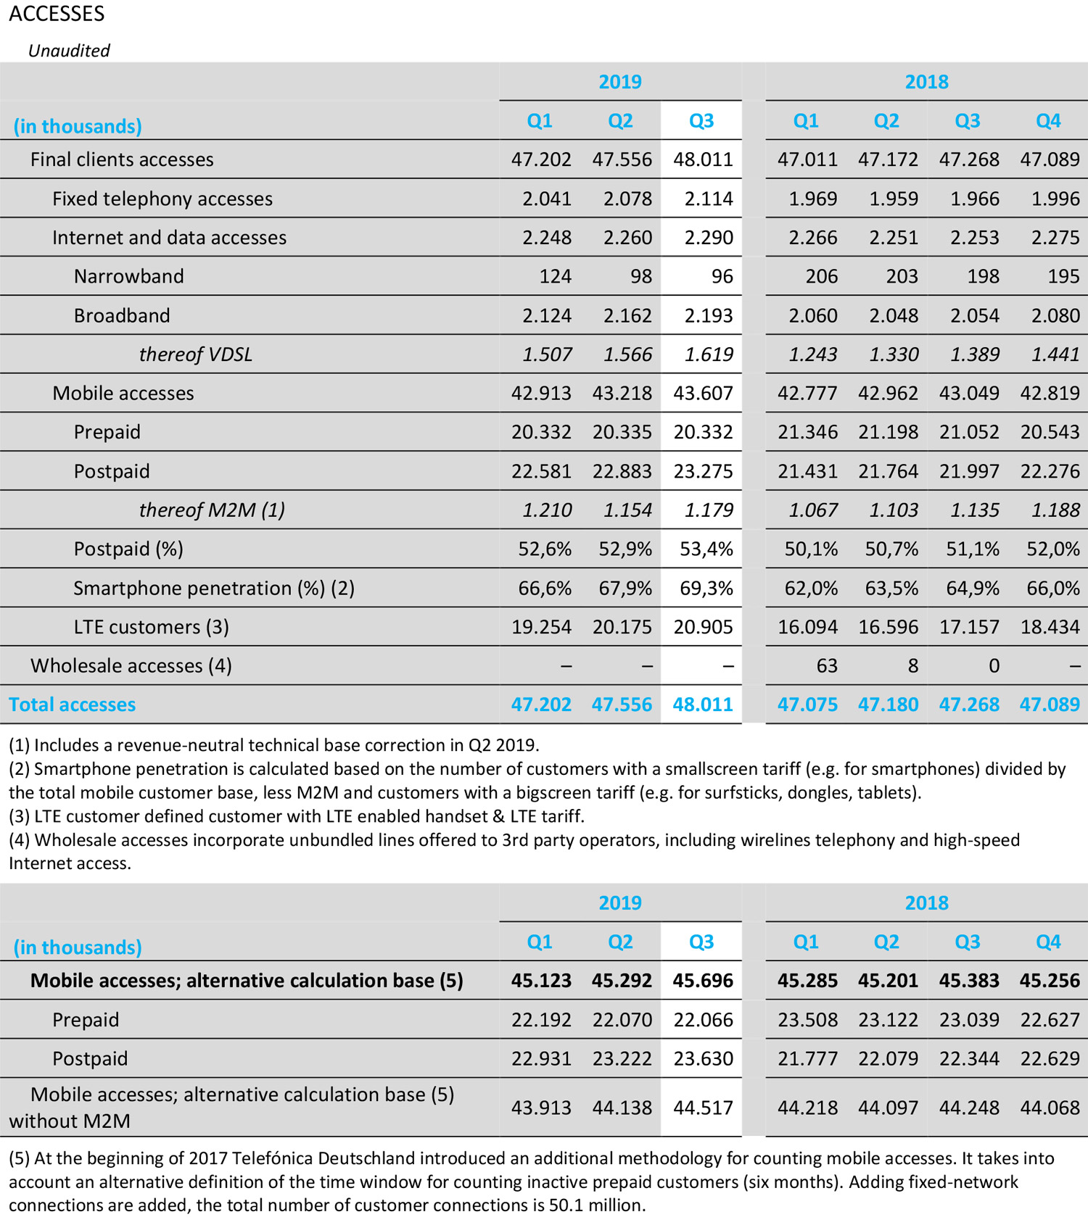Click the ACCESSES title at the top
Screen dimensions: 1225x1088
click(x=57, y=14)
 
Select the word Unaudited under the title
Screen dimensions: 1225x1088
click(x=69, y=51)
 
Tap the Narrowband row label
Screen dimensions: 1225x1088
click(x=128, y=276)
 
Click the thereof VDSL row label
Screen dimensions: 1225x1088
click(x=195, y=354)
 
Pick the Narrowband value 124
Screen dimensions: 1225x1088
click(x=555, y=276)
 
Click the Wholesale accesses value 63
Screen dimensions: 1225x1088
click(x=826, y=665)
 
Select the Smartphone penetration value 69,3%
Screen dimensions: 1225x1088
click(x=706, y=588)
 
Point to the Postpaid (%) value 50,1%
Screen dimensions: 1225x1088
click(x=810, y=549)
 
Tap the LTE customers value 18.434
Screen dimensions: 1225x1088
click(x=1050, y=627)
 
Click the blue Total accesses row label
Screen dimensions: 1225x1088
click(x=72, y=705)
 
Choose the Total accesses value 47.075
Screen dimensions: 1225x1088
click(x=807, y=705)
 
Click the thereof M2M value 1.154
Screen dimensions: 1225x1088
click(x=627, y=510)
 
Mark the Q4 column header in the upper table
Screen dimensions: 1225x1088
click(x=1048, y=120)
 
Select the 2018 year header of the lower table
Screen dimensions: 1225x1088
click(x=926, y=902)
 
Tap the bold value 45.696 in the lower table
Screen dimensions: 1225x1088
click(x=702, y=981)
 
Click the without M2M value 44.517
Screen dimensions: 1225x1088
click(x=702, y=1108)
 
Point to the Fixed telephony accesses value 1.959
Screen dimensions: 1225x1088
click(x=894, y=199)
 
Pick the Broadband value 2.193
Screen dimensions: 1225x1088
click(x=708, y=315)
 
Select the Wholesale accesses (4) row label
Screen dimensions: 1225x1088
click(x=131, y=665)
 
